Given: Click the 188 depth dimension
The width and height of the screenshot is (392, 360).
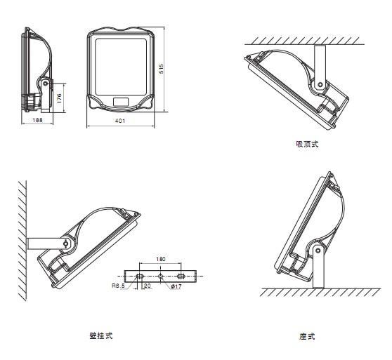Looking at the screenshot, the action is (x=37, y=120).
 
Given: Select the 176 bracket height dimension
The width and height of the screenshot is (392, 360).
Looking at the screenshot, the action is (x=59, y=98).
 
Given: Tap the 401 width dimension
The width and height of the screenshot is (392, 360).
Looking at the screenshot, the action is (x=120, y=121).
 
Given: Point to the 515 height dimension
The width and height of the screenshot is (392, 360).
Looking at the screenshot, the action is (x=162, y=69).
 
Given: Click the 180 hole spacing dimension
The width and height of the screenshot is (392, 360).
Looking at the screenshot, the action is (x=161, y=259).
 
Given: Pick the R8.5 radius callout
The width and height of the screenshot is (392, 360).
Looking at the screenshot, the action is (x=118, y=286).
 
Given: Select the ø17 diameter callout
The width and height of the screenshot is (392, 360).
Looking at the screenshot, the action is (x=176, y=286).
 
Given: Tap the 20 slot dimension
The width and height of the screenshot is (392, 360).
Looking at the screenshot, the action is (x=148, y=286).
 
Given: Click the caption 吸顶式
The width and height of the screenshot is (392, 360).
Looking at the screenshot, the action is (x=307, y=144).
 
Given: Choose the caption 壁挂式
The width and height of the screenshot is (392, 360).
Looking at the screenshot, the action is (x=101, y=335).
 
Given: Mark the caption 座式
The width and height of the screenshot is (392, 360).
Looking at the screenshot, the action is (x=307, y=336).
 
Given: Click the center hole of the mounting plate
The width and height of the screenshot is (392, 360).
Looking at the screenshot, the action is (x=160, y=276).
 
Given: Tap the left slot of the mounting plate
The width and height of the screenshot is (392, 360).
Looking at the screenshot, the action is (x=140, y=276).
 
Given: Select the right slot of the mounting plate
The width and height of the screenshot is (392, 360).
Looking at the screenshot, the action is (x=181, y=276).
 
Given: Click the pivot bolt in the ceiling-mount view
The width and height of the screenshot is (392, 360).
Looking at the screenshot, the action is (x=320, y=85).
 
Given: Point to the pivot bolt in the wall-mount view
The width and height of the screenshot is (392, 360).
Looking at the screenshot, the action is (x=66, y=244).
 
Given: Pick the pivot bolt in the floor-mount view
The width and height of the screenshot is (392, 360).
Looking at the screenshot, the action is (x=318, y=251).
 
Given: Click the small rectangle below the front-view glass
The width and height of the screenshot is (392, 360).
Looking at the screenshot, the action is (x=121, y=102).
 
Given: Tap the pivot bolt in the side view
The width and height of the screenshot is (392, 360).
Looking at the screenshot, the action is (x=45, y=83).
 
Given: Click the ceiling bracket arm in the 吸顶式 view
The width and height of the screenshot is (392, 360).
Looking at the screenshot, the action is (x=320, y=67).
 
